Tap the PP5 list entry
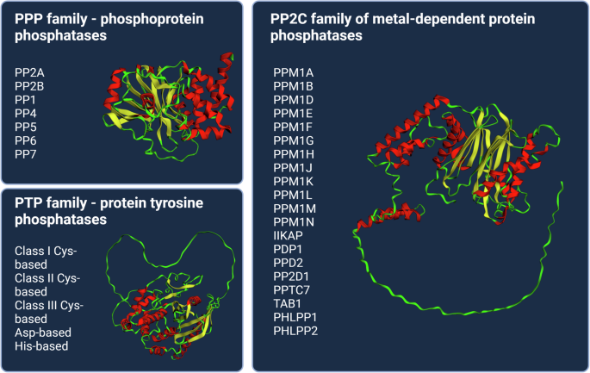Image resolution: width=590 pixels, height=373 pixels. (x=26, y=127)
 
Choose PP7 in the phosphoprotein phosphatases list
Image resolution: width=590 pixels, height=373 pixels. (x=26, y=154)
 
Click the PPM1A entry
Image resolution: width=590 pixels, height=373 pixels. (x=293, y=72)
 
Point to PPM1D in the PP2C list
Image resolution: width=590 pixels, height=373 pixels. (x=293, y=100)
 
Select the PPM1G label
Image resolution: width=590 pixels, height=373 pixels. (x=294, y=140)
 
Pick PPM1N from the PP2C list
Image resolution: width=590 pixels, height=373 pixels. (x=293, y=222)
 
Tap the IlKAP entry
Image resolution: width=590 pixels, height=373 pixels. (x=287, y=236)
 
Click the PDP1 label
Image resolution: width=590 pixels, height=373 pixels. (x=288, y=250)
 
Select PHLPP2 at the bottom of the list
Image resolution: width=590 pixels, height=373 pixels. (x=295, y=331)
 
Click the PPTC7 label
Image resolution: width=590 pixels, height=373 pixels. (x=291, y=290)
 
